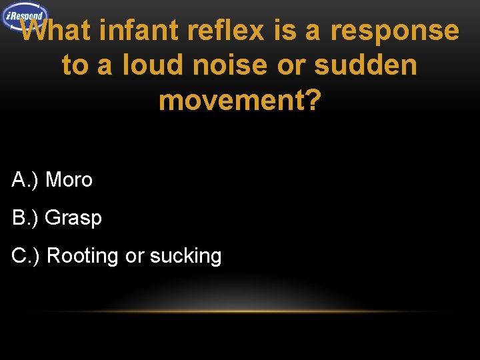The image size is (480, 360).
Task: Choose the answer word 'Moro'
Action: click(x=69, y=179)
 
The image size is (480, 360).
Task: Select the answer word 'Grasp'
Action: click(x=73, y=218)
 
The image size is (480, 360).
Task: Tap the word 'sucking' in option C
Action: click(x=186, y=256)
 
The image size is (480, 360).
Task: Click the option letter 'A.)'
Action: click(x=25, y=179)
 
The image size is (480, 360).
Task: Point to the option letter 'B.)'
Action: click(x=25, y=217)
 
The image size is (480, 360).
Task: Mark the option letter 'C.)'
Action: click(x=26, y=256)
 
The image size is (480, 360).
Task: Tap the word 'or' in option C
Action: click(x=134, y=256)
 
